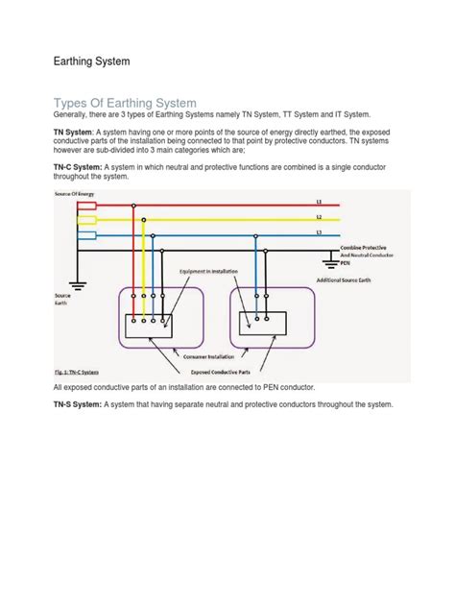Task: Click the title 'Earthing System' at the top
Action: tap(85, 61)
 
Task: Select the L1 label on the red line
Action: tap(346, 203)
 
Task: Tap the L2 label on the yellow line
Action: tap(346, 218)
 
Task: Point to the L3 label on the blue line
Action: tap(346, 232)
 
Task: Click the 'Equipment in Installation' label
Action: tap(211, 272)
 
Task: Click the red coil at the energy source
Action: tap(86, 206)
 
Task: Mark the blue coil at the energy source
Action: tap(86, 234)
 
